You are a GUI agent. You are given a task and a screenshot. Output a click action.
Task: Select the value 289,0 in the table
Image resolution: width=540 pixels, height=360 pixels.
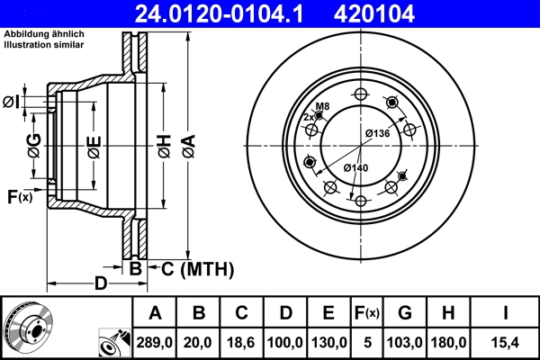click(x=155, y=342)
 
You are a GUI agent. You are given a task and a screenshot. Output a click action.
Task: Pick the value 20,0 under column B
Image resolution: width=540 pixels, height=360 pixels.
click(x=199, y=342)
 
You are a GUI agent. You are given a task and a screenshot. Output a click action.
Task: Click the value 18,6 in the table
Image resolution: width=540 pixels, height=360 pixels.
click(x=242, y=342)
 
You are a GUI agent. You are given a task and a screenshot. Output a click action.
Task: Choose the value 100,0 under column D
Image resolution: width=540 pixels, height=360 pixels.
click(x=285, y=342)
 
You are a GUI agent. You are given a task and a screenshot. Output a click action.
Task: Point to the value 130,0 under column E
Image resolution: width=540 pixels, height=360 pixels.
click(x=328, y=342)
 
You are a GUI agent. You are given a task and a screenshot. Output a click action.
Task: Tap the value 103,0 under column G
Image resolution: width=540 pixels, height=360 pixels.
click(x=405, y=342)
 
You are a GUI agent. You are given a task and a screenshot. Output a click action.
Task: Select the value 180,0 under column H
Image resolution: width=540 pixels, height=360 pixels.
click(x=447, y=342)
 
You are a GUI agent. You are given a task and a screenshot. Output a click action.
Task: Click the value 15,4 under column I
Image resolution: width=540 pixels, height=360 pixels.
click(x=507, y=342)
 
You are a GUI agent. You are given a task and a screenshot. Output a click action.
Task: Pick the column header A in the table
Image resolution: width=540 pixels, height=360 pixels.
click(x=155, y=313)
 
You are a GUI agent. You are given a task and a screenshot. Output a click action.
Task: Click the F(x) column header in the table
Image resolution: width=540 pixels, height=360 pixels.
click(x=366, y=313)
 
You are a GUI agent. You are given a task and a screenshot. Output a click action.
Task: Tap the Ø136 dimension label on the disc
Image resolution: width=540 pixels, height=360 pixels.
click(x=376, y=134)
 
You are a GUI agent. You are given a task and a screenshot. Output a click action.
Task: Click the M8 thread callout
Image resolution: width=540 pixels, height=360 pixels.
click(x=322, y=106)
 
